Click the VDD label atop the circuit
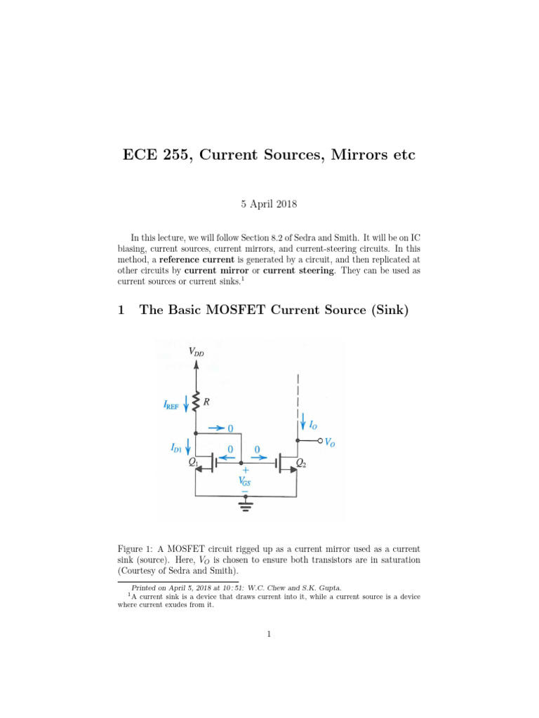pos(197,353)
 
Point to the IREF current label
pos(171,404)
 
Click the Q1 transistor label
pos(194,462)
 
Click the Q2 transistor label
pos(300,463)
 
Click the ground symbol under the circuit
pos(245,503)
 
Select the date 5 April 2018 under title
pos(269,205)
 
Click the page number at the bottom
pos(269,635)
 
